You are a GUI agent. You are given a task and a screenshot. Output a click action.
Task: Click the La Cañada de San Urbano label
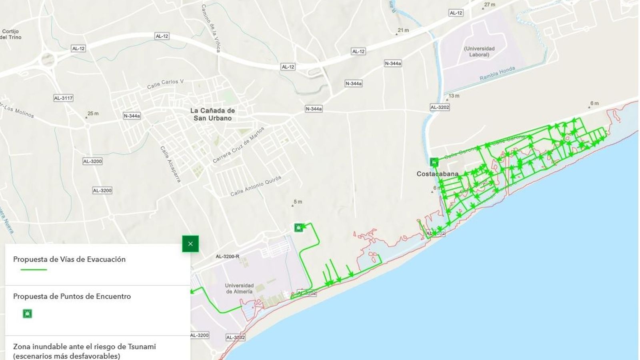212,114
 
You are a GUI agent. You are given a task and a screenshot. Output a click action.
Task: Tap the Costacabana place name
437,174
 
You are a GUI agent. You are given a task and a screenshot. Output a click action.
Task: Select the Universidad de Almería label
239,288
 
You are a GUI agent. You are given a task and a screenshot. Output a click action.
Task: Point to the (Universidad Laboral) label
479,52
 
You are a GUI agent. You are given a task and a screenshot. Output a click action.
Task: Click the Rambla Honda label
497,74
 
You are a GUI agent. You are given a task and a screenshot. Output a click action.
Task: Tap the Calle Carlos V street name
165,84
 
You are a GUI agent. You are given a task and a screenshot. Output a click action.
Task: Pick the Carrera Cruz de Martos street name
239,145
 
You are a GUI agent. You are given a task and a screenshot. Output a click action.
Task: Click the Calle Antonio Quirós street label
256,186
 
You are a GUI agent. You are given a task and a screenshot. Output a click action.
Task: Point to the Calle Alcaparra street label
170,164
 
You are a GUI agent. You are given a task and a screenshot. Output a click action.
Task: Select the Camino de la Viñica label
211,28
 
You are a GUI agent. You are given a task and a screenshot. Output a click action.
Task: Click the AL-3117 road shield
63,98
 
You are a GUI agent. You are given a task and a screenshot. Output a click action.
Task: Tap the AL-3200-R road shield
227,256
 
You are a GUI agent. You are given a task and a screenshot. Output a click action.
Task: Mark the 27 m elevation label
489,5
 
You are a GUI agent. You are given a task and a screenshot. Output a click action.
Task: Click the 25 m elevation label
92,114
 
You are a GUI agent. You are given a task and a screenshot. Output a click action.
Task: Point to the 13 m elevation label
454,96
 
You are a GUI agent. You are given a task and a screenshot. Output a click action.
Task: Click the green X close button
190,244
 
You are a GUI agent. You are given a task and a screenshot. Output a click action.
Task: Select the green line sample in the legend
34,270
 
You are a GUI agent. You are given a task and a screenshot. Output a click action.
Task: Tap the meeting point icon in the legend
27,314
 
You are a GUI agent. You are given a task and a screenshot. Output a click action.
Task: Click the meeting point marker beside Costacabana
434,162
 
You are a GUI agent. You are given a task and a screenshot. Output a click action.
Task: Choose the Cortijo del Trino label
10,34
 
